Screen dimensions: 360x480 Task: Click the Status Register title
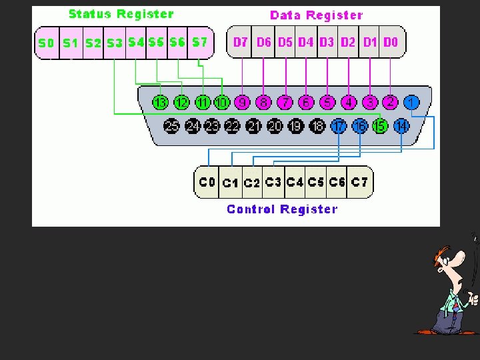(121, 14)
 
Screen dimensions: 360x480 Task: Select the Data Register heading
(316, 15)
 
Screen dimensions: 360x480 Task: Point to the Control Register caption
(282, 209)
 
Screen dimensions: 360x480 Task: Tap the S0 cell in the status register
(46, 43)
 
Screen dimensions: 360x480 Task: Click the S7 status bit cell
(199, 42)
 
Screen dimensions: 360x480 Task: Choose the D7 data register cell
(241, 42)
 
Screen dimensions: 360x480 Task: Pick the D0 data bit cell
(391, 42)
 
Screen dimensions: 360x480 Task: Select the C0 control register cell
(207, 182)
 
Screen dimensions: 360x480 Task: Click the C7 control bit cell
(359, 182)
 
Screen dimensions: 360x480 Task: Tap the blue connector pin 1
(411, 103)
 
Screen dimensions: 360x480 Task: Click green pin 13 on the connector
(160, 103)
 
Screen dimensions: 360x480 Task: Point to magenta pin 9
(243, 103)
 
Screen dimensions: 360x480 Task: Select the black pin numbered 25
(172, 125)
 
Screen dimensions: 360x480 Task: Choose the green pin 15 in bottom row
(380, 125)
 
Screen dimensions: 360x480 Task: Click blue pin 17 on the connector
(339, 125)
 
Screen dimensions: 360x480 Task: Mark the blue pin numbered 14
(401, 125)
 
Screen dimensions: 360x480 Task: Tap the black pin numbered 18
(317, 125)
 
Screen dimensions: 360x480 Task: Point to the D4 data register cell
(306, 42)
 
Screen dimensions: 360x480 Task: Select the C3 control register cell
(273, 182)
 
